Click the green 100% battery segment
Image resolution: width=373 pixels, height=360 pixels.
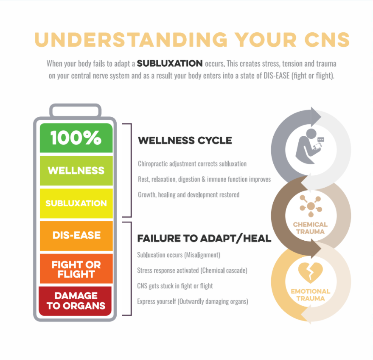[76, 138]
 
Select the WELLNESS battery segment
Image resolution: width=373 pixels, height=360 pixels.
[76, 170]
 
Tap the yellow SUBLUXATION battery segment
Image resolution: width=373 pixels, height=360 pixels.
[76, 203]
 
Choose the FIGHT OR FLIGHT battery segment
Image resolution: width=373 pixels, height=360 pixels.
[76, 268]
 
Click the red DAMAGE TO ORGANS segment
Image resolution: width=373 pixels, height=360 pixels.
[76, 301]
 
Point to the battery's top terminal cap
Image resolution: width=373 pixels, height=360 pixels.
[76, 111]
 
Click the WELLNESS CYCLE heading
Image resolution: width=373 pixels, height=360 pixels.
[185, 141]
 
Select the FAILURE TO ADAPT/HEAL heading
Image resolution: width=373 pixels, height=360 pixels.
[204, 238]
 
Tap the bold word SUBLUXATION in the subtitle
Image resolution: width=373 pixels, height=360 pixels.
[170, 64]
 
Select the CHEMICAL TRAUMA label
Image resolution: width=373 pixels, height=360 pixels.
[311, 228]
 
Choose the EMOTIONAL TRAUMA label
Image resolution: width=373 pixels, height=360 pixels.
[311, 295]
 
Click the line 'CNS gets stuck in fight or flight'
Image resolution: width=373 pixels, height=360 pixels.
[175, 286]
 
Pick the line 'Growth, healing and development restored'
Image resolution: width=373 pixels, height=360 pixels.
[188, 195]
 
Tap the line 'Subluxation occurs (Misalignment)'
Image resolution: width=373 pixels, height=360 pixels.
[179, 255]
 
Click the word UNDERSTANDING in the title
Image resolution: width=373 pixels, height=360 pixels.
[131, 40]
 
